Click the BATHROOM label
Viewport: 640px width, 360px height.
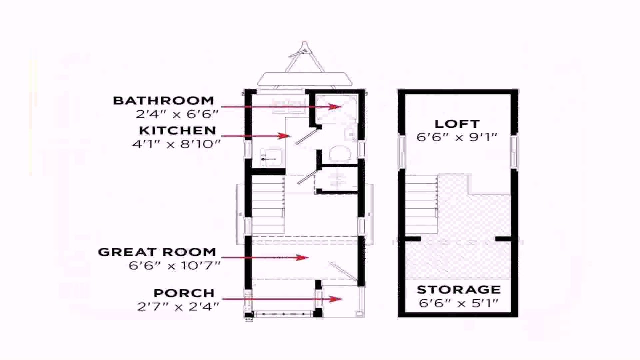(x=163, y=101)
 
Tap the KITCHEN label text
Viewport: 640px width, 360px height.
(x=177, y=131)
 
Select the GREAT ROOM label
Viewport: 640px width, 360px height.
(x=157, y=252)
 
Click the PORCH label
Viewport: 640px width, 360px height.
(x=184, y=293)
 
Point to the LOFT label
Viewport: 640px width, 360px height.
(x=457, y=124)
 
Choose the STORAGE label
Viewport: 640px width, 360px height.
(x=458, y=290)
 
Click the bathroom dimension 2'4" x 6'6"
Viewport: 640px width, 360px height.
(x=177, y=114)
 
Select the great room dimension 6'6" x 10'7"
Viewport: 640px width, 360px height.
(x=174, y=265)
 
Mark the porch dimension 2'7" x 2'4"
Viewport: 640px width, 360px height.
(x=178, y=306)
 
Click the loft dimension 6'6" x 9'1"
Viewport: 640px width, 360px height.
(x=457, y=137)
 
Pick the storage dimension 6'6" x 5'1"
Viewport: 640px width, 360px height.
(x=458, y=303)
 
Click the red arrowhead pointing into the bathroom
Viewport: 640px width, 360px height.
(x=338, y=106)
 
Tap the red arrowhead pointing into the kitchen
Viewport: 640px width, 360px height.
(x=287, y=136)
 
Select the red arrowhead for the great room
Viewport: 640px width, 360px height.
(x=304, y=258)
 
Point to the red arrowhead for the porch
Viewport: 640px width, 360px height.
(x=338, y=299)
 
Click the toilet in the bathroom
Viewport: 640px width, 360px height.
(x=340, y=154)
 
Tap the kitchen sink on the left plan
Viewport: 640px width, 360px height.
(x=270, y=157)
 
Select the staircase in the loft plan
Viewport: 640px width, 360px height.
(x=421, y=205)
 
